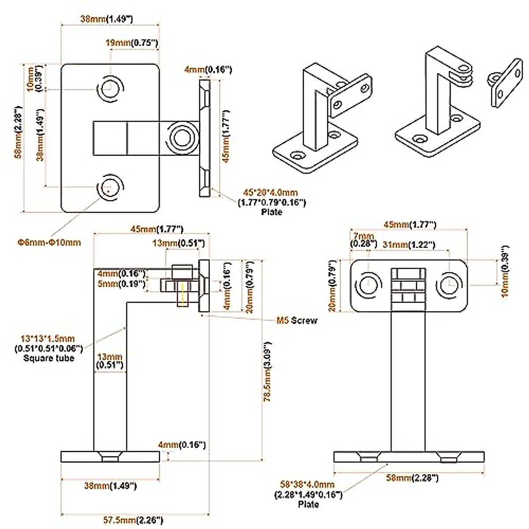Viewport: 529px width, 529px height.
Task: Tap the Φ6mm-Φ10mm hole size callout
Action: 49,242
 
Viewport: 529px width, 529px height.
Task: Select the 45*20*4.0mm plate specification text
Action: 271,193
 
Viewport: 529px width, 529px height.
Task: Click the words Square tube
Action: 48,358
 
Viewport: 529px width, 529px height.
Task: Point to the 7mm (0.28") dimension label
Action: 363,240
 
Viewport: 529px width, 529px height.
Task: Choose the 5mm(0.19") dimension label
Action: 121,284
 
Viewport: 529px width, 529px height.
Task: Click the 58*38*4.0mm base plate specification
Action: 307,485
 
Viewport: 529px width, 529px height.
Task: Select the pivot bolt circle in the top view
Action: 181,138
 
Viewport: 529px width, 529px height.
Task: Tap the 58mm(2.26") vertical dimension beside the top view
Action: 18,138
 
